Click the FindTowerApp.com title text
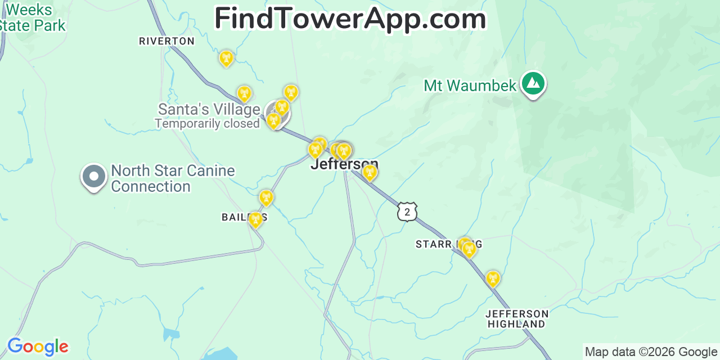click(x=350, y=19)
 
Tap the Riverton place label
click(x=166, y=41)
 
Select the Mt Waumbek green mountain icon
click(x=533, y=84)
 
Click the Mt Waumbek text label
click(x=470, y=85)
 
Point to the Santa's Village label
click(x=209, y=109)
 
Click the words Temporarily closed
click(x=207, y=123)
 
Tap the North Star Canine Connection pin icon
click(x=94, y=177)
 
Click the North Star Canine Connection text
click(x=173, y=178)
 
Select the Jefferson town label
click(x=344, y=164)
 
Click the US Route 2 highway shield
click(x=407, y=211)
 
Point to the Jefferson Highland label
click(x=516, y=318)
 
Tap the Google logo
click(x=37, y=346)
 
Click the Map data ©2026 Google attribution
click(x=651, y=352)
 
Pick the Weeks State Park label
click(x=31, y=17)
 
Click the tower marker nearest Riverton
click(x=226, y=57)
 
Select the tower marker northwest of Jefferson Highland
click(x=493, y=278)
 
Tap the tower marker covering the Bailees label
click(x=256, y=219)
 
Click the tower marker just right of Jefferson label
click(x=369, y=172)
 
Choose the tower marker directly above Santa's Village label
click(x=244, y=93)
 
